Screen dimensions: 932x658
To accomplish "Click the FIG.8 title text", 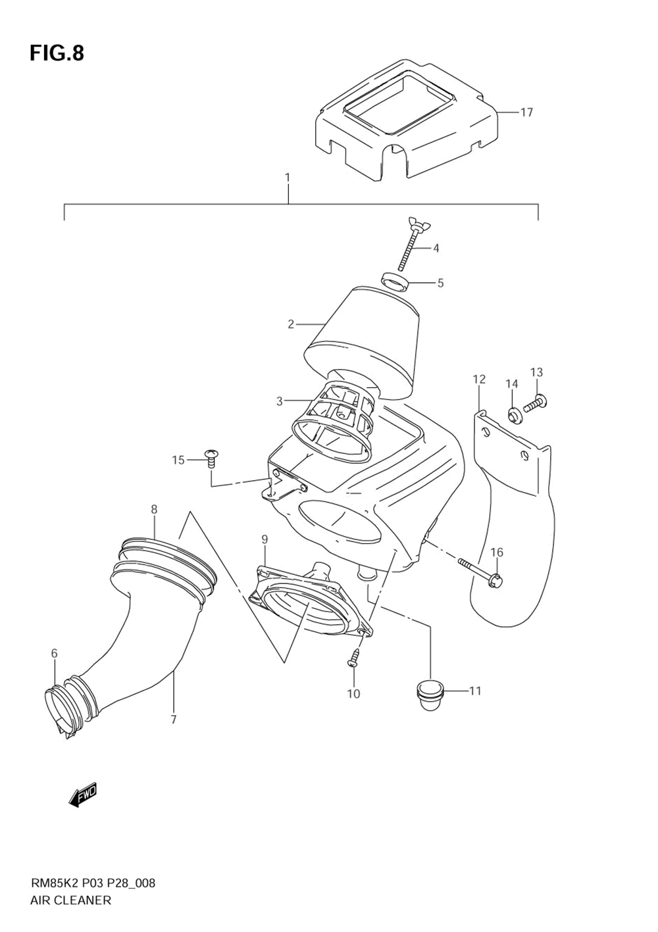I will coord(57,53).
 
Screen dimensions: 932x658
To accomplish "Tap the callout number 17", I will coord(526,112).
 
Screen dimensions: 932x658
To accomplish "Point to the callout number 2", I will coord(291,324).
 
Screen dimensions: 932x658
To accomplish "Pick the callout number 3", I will coord(279,401).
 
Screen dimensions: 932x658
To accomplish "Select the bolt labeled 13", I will coord(537,401).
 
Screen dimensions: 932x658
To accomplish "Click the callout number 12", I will coord(479,379).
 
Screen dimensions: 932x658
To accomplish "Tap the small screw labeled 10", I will coord(353,657).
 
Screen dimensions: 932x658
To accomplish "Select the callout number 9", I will coord(265,539).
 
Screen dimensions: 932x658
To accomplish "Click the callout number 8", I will coord(154,509).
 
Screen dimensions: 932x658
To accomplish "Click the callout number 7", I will coord(174,720).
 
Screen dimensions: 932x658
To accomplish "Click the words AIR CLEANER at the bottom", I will coord(70,900).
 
